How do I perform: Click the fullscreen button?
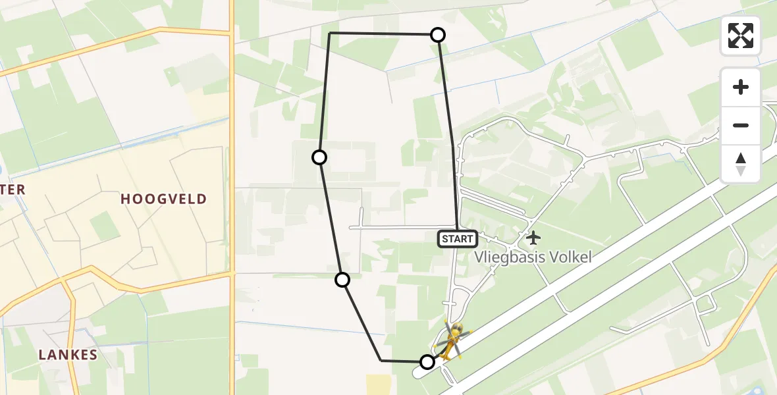741,36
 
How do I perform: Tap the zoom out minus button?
741,125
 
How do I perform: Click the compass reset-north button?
741,164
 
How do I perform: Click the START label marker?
457,239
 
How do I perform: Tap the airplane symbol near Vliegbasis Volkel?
533,237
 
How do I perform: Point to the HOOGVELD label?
163,199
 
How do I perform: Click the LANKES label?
68,355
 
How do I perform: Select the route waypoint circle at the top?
438,35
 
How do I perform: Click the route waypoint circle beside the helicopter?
427,361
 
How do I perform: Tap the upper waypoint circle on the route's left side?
319,157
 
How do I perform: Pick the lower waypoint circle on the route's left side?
342,280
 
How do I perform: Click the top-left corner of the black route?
329,33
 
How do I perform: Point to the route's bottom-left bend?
381,361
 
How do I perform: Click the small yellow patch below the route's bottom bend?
377,384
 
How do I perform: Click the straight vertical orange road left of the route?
232,165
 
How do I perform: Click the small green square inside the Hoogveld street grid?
105,226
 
